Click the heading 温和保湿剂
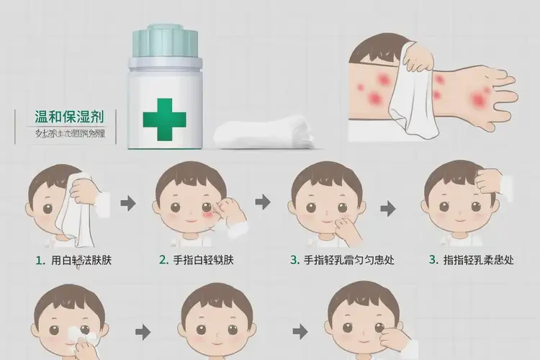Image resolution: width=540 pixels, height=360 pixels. coord(69,116)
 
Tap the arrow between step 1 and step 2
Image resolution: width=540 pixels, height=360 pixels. coord(128,204)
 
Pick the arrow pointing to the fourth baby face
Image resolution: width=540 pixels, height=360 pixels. coord(388,209)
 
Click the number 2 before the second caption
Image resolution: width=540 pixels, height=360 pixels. coord(163,260)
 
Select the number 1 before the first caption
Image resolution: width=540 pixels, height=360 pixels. coord(38,260)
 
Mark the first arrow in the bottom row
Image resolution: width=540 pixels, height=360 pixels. coord(143,332)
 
